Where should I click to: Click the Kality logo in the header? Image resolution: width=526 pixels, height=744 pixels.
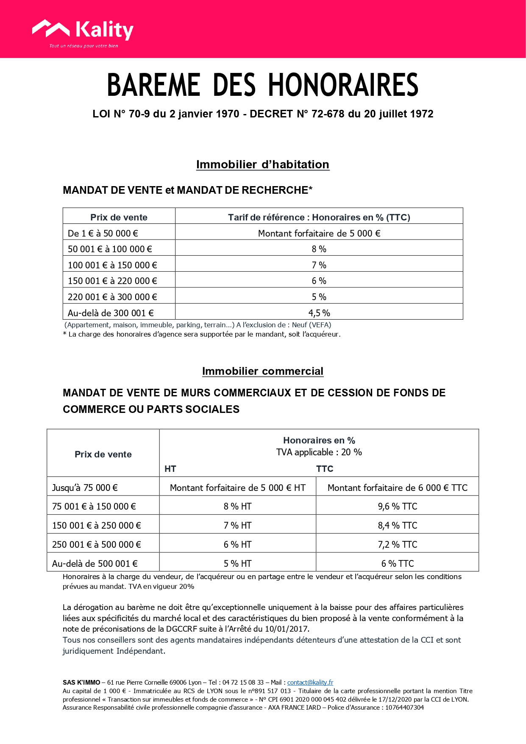[83, 32]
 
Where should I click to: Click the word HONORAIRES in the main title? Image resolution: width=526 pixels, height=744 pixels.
[343, 85]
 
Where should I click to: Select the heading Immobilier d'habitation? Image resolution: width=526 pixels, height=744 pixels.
[262, 164]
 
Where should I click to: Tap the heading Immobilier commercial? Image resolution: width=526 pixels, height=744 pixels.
[262, 371]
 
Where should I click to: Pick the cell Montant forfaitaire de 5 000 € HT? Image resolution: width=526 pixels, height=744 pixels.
[237, 488]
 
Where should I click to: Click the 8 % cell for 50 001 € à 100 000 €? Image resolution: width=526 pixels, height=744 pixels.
[319, 249]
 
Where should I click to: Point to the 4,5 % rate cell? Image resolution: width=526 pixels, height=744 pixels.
[319, 313]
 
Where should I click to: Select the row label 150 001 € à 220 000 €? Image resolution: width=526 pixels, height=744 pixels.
[112, 281]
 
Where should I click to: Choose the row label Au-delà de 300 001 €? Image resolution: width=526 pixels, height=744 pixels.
[111, 313]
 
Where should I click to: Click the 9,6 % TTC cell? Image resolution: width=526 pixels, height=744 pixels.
[397, 506]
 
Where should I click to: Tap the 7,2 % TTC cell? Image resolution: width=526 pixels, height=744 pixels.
[397, 544]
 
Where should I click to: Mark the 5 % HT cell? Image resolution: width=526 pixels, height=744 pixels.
[237, 563]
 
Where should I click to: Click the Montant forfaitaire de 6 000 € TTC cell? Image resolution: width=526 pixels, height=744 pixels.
[397, 488]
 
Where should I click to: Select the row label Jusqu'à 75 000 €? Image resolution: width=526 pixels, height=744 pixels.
[85, 488]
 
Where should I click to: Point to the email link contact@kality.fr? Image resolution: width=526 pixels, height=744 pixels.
[310, 682]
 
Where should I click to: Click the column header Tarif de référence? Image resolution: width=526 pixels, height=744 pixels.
[319, 217]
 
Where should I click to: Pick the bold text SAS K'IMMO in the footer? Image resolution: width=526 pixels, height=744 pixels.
[81, 682]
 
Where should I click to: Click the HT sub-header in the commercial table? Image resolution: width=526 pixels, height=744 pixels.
[170, 468]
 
